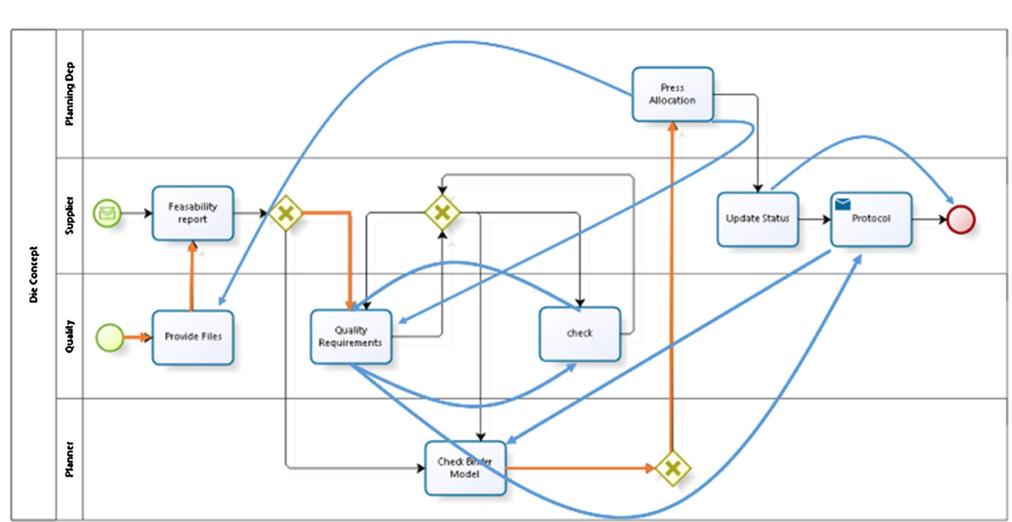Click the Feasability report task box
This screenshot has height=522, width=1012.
[x=192, y=213]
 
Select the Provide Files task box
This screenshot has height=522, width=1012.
[x=192, y=337]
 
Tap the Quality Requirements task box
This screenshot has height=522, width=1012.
[x=350, y=336]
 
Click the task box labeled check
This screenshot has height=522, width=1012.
[x=579, y=333]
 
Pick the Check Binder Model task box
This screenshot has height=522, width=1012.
[x=465, y=468]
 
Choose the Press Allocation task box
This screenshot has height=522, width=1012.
[x=672, y=94]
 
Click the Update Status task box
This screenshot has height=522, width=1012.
[x=757, y=219]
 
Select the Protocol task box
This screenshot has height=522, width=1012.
[x=871, y=219]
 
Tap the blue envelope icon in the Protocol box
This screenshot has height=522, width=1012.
[x=842, y=204]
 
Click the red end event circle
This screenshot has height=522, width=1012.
[x=960, y=219]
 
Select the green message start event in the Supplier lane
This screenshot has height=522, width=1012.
[x=107, y=213]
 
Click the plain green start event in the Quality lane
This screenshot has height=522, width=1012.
[x=109, y=337]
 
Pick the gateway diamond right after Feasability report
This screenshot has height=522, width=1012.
[x=285, y=214]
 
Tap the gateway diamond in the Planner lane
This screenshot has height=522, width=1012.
[x=672, y=468]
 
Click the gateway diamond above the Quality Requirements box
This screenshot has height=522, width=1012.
[x=442, y=213]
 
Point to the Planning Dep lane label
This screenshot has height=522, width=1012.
[x=69, y=94]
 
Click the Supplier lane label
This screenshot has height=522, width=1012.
[x=69, y=215]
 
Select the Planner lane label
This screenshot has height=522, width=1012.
[x=69, y=459]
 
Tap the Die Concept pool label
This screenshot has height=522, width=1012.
[x=33, y=274]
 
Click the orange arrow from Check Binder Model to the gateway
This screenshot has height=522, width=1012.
[x=580, y=468]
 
